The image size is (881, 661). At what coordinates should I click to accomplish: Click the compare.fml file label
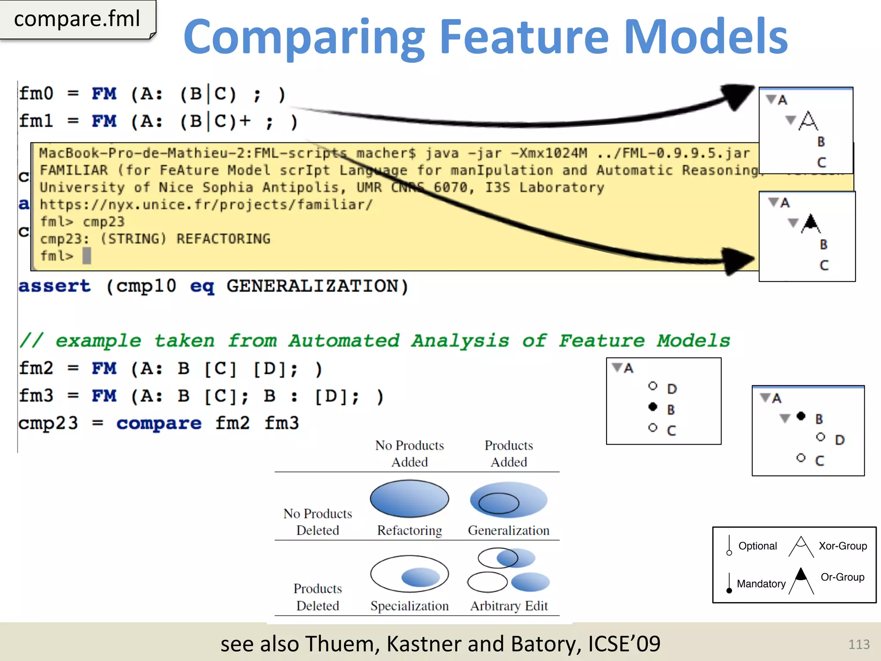[77, 19]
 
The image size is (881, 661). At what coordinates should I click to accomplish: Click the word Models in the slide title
[705, 37]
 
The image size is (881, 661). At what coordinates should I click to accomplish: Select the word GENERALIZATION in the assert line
[312, 287]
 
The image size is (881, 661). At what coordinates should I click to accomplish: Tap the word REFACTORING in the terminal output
[223, 239]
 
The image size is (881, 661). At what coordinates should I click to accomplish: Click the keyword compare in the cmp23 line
[159, 423]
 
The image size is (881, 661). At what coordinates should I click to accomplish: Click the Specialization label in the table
[409, 606]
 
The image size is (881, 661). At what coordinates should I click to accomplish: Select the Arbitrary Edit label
[509, 606]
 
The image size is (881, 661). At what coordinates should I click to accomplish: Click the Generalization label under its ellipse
[509, 531]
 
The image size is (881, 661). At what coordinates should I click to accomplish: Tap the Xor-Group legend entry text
[842, 546]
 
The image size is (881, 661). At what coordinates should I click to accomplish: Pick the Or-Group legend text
[842, 578]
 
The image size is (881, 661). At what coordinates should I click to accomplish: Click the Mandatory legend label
[761, 584]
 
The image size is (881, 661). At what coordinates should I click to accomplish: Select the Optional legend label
[758, 546]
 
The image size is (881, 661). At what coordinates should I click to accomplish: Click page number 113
[859, 644]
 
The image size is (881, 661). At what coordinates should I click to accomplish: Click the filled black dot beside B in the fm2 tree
[653, 407]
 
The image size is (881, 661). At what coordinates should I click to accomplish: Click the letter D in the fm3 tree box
[840, 440]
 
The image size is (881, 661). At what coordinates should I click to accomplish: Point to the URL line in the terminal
[206, 204]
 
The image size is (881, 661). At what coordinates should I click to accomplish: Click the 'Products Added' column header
[509, 454]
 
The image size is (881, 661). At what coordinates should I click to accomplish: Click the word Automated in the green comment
[344, 341]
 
